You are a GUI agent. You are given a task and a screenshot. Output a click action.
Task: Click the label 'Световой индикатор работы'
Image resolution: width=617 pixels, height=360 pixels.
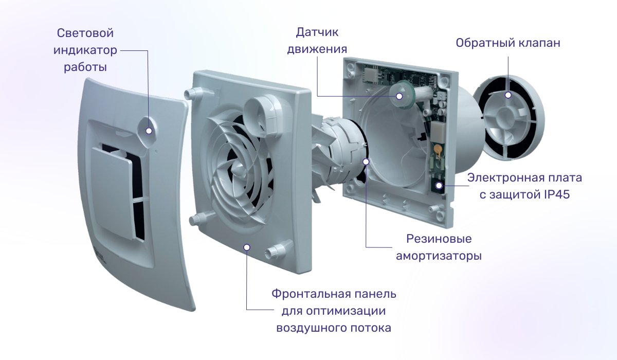click(85, 50)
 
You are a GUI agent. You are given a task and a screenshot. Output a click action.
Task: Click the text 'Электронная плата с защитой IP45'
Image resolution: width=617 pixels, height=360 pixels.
click(525, 186)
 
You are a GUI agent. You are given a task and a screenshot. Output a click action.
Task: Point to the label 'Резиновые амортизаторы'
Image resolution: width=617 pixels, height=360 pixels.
click(439, 247)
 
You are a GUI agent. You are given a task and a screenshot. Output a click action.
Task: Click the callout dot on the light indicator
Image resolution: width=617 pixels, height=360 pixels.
click(149, 130)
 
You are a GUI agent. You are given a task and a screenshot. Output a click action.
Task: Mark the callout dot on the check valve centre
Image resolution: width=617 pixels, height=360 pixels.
click(508, 95)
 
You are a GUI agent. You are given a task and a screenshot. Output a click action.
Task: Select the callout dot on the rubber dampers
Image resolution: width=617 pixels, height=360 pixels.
click(366, 161)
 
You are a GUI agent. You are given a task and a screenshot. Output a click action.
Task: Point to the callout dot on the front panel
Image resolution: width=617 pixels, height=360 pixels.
click(247, 247)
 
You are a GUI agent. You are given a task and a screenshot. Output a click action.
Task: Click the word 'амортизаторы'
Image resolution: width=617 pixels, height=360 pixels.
click(439, 256)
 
